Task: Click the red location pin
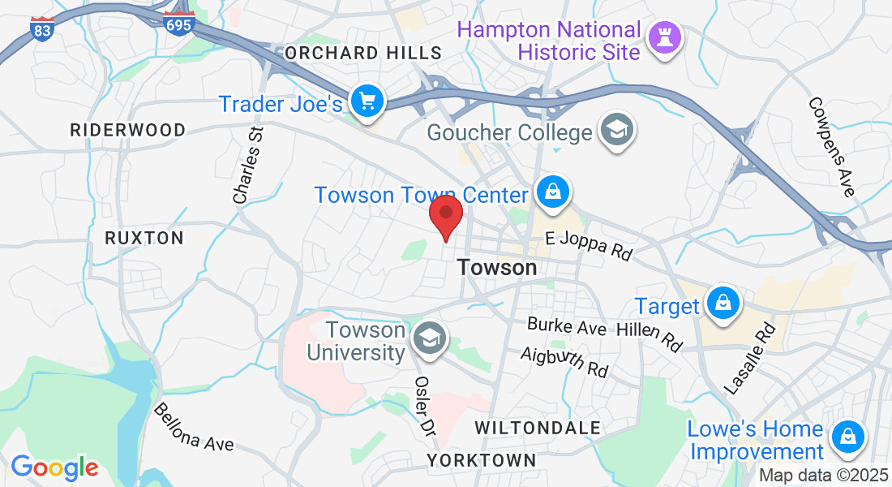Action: (445, 214)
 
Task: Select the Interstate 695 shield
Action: (178, 24)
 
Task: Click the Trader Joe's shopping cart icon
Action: (367, 101)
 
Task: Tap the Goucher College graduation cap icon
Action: (617, 129)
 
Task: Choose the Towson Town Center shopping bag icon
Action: (552, 192)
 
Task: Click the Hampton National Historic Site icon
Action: (665, 36)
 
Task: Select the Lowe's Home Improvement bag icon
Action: (847, 437)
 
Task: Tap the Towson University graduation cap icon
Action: (428, 338)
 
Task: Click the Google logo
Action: (54, 468)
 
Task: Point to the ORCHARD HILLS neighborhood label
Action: (363, 54)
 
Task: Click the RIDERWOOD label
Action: (127, 130)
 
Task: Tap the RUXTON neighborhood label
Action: (144, 238)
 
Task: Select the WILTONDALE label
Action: (538, 428)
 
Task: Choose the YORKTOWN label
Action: (482, 460)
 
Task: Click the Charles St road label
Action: (249, 165)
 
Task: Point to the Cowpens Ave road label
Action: (832, 147)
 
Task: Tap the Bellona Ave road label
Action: (194, 427)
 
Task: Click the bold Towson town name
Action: (497, 267)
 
